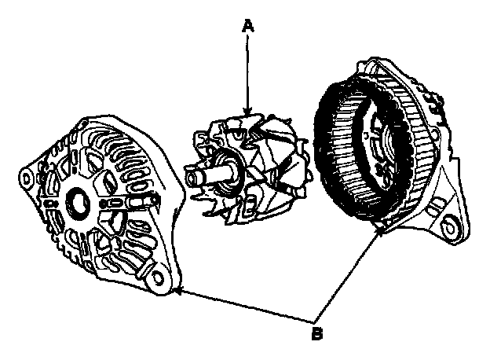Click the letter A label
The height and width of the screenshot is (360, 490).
point(248,27)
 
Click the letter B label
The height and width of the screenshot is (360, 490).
point(317,332)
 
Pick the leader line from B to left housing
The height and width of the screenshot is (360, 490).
point(243,305)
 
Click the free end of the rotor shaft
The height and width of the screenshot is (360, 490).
point(188,171)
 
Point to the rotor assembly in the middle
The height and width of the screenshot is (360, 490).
point(243,169)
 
